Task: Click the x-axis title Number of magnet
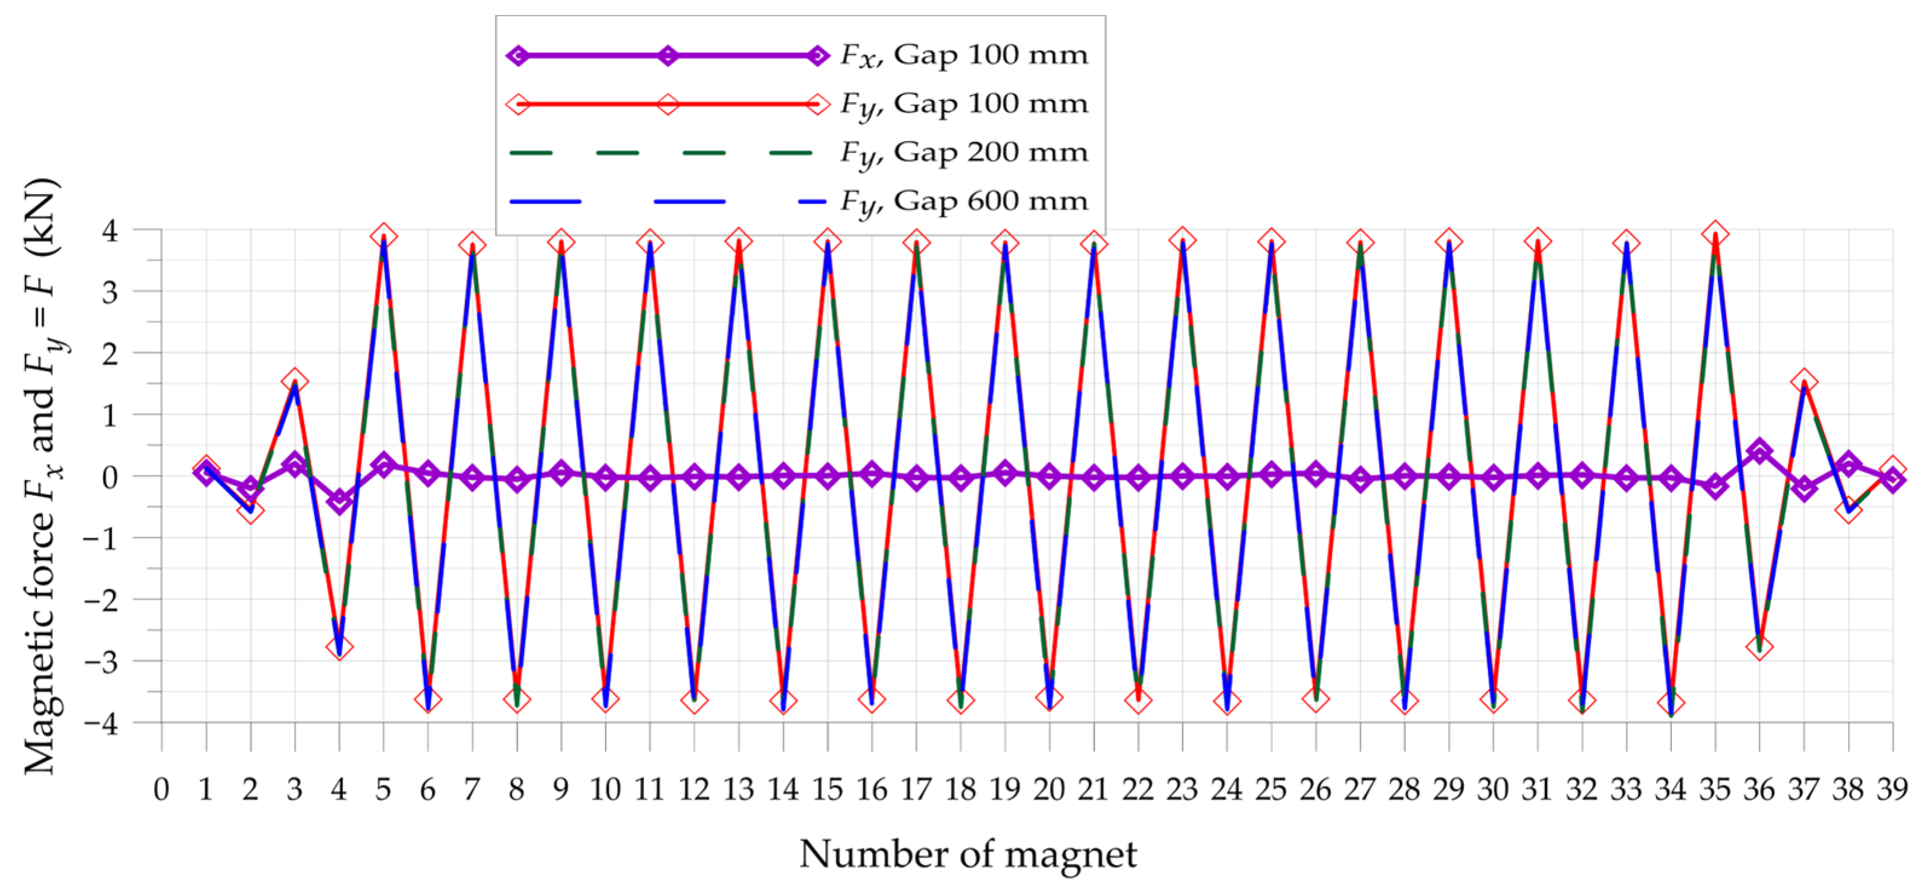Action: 968,854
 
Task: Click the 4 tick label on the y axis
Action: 110,231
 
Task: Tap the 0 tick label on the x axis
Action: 161,789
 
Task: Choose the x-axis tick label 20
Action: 1049,789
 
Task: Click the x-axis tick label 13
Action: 738,789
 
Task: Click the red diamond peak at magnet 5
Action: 384,236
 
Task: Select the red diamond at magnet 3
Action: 295,382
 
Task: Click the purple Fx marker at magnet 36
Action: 1759,452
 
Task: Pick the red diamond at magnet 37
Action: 1804,382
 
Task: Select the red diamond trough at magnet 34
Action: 1671,703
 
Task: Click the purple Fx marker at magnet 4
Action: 340,501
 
